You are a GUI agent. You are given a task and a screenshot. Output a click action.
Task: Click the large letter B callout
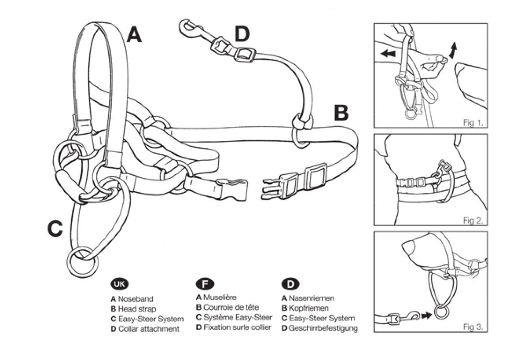(x=341, y=113)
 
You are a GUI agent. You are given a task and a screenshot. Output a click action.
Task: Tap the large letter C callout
(x=55, y=228)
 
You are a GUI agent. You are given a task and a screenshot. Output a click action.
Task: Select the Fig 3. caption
(x=473, y=327)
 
